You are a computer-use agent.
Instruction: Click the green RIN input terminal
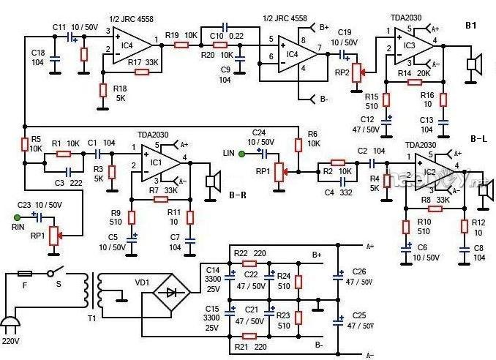17,217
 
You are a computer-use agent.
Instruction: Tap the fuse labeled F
24,274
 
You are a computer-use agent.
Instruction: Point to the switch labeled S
53,274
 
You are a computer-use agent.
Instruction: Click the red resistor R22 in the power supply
249,263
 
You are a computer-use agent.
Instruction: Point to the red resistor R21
249,335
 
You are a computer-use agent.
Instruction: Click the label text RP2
341,72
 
